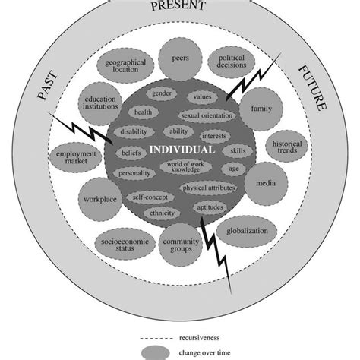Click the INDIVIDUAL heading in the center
click(181, 150)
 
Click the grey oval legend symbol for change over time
click(156, 352)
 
